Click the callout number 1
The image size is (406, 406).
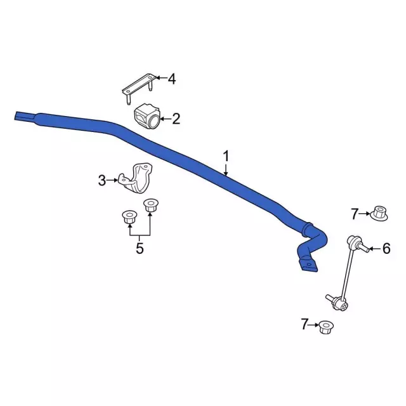click(x=226, y=157)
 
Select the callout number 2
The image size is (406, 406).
click(x=176, y=119)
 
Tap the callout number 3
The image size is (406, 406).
click(x=102, y=180)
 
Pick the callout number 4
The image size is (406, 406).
click(x=172, y=79)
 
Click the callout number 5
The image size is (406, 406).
click(x=140, y=249)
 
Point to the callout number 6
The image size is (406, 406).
click(x=386, y=249)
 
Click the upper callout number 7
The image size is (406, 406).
click(x=355, y=214)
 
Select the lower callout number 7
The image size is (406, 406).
click(x=304, y=324)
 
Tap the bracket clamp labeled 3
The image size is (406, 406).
click(x=135, y=179)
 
